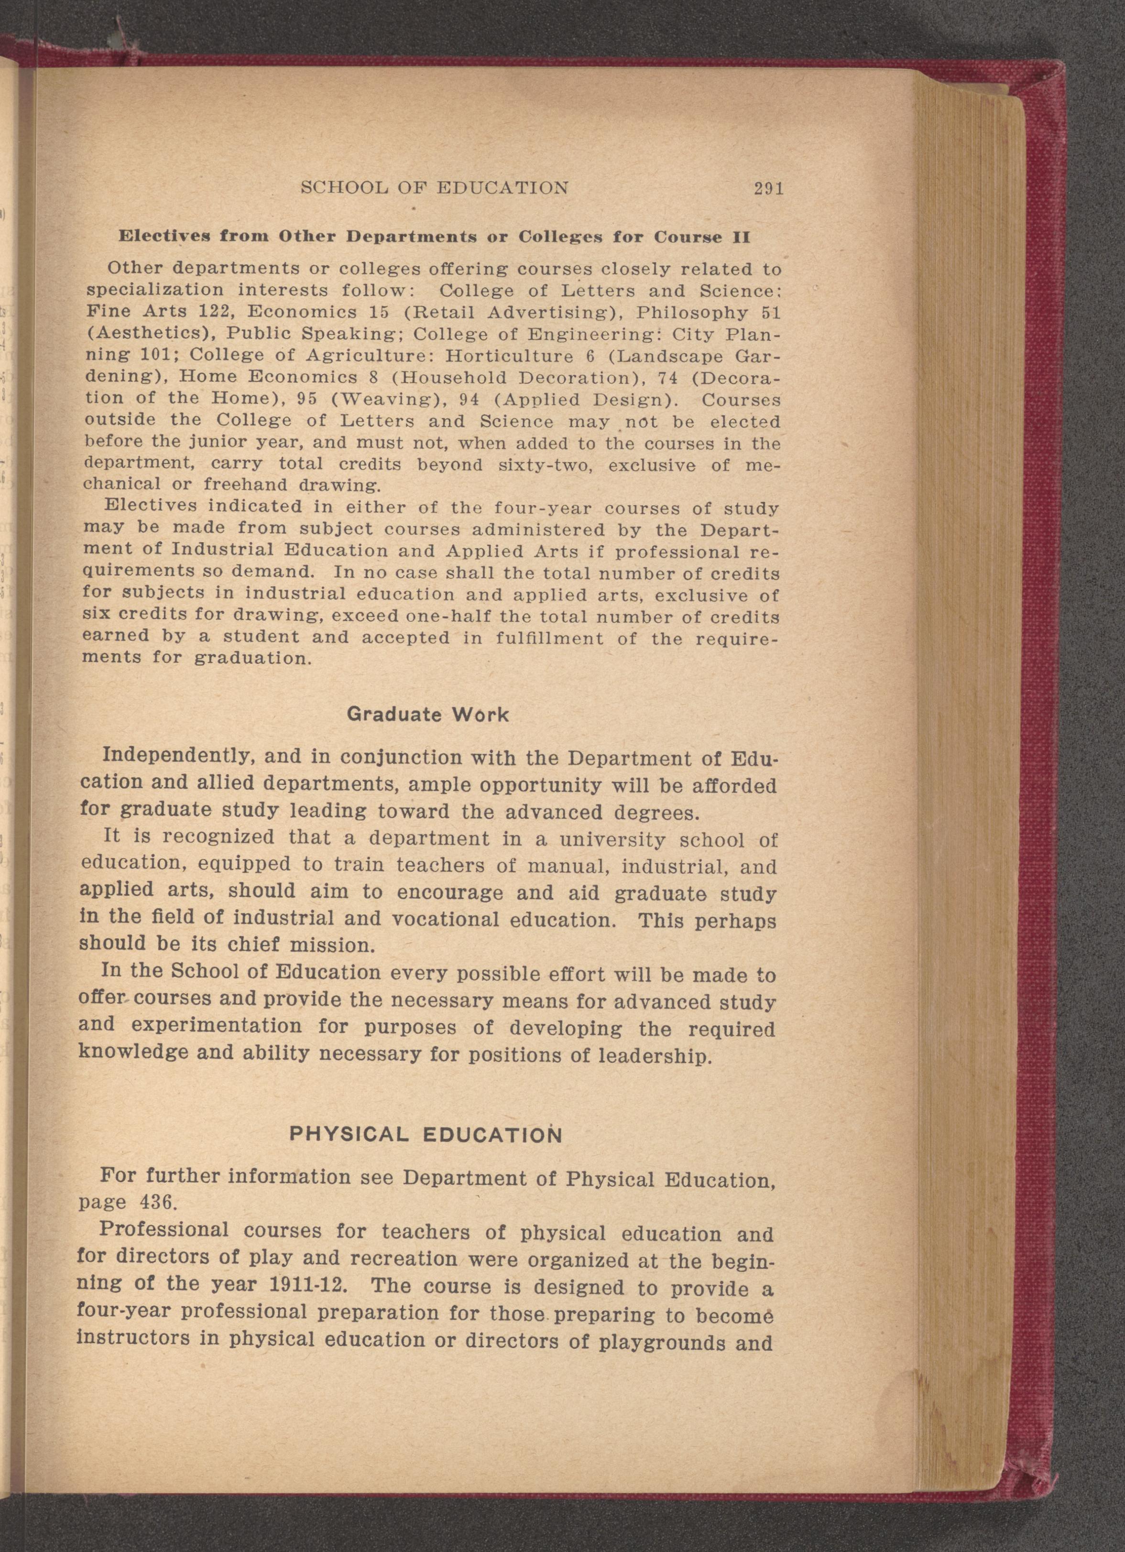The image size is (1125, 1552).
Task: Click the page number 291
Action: [x=768, y=189]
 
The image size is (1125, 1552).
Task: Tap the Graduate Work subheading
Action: [x=428, y=715]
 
